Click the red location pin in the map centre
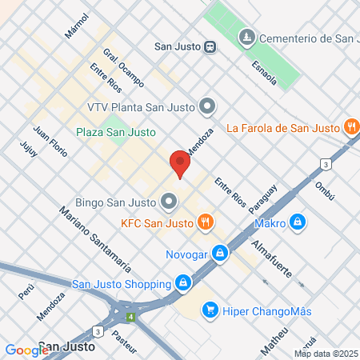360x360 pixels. click(x=180, y=165)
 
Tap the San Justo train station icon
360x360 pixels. click(x=210, y=46)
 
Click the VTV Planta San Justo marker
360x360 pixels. click(x=208, y=106)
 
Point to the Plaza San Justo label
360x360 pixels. click(x=115, y=132)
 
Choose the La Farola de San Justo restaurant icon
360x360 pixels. click(x=350, y=127)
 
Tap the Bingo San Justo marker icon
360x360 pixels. click(x=169, y=200)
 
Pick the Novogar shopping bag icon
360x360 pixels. click(x=220, y=254)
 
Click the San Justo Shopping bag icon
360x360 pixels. click(x=183, y=283)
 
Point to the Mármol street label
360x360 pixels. click(x=77, y=26)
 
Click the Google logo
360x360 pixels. click(x=26, y=350)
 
